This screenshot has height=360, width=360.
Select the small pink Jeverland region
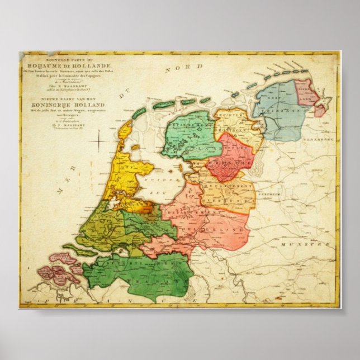coord(306,92)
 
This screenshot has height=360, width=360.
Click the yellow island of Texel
coord(126,130)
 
